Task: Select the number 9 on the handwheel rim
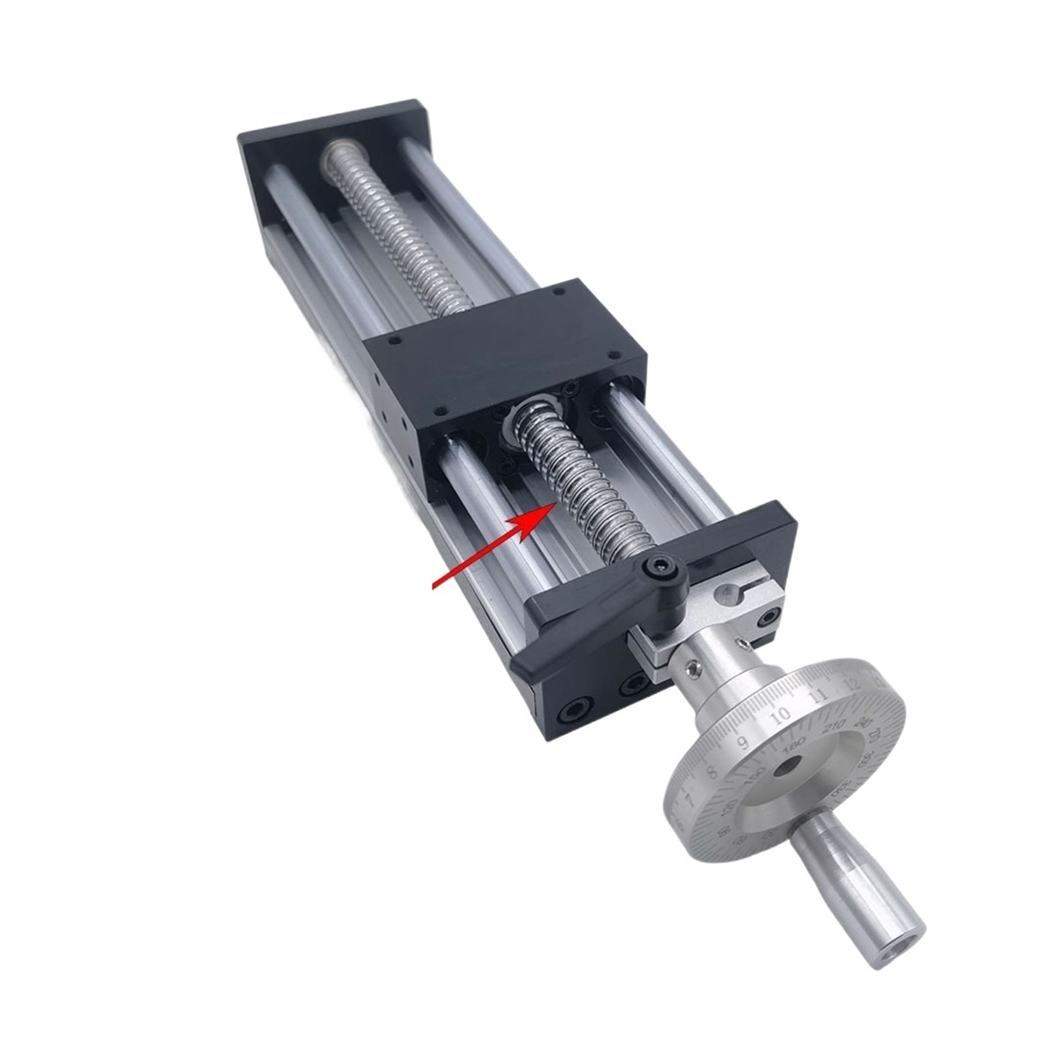(x=743, y=742)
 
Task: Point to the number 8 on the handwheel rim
(x=713, y=771)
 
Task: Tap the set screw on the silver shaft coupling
(x=696, y=667)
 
